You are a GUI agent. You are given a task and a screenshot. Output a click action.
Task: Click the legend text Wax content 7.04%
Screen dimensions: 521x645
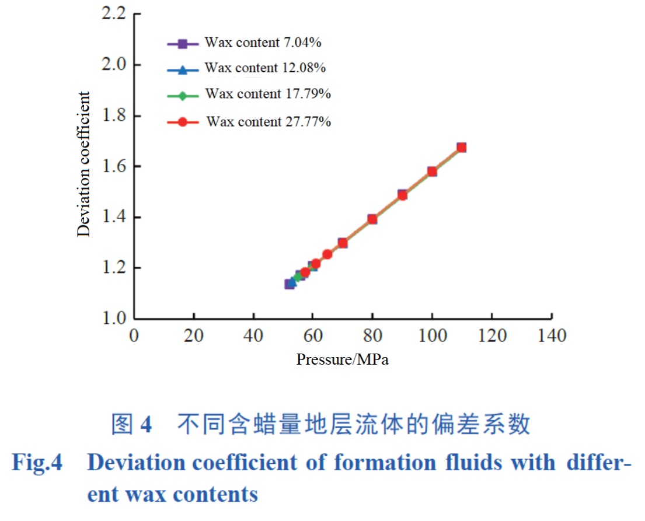(263, 43)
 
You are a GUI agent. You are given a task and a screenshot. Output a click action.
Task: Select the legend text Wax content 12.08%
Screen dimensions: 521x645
(265, 68)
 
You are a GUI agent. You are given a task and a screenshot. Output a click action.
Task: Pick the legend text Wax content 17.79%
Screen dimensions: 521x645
(268, 94)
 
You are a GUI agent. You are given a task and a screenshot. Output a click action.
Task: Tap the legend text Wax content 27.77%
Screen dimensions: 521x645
(269, 122)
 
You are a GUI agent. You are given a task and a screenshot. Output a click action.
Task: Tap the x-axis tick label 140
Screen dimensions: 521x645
(551, 336)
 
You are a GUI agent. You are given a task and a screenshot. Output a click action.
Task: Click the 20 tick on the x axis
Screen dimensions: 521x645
(193, 336)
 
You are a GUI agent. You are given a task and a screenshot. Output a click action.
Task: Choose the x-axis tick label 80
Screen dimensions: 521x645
(372, 336)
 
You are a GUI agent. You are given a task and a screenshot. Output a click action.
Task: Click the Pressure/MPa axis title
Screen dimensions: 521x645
(342, 359)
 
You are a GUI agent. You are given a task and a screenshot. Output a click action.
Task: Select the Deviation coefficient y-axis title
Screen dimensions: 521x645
(85, 164)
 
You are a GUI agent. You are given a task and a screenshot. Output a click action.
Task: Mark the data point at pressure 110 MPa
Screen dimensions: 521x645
(461, 148)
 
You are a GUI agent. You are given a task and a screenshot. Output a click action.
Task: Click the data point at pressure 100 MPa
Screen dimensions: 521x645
(432, 172)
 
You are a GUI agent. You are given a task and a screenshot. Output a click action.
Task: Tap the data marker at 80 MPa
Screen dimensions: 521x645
(372, 219)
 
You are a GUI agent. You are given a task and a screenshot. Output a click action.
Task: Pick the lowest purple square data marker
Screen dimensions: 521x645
(289, 284)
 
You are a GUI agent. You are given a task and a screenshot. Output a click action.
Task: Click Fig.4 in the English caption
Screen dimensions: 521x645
(37, 463)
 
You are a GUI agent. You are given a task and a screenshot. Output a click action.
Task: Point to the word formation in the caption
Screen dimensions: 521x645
(385, 463)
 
